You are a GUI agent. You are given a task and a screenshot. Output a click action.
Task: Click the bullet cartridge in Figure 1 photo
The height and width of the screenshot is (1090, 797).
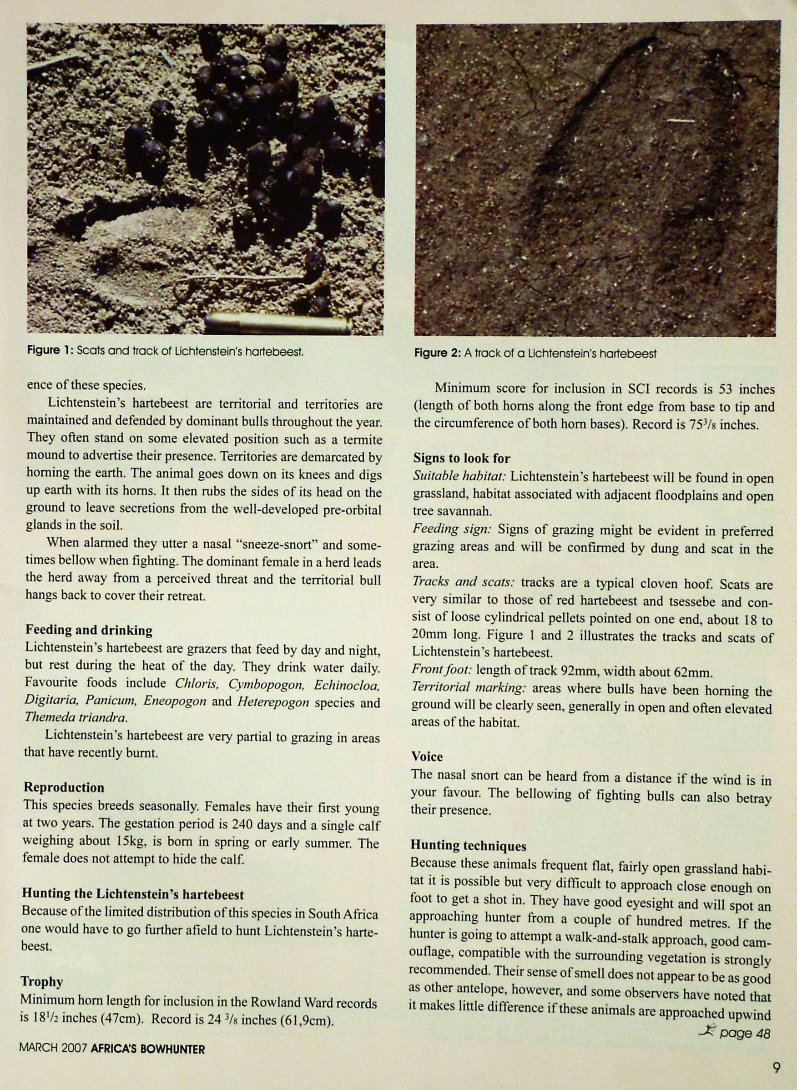[x=278, y=323]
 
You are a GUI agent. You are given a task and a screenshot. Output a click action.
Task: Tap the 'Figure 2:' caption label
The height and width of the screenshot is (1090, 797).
[x=438, y=353]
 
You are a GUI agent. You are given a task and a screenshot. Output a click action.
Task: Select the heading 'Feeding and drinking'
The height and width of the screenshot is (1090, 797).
[x=89, y=630]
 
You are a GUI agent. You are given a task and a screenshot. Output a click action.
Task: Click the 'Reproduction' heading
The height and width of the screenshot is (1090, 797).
[x=64, y=787]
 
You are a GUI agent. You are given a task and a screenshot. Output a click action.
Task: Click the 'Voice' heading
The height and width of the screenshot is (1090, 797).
[x=427, y=756]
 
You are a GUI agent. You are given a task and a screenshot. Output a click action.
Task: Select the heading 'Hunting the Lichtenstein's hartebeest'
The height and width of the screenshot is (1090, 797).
[x=133, y=894]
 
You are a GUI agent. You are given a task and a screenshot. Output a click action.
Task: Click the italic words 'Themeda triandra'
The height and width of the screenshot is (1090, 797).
[x=76, y=717]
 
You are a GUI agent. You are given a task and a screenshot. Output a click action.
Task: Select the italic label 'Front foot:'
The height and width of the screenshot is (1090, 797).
[x=442, y=671]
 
